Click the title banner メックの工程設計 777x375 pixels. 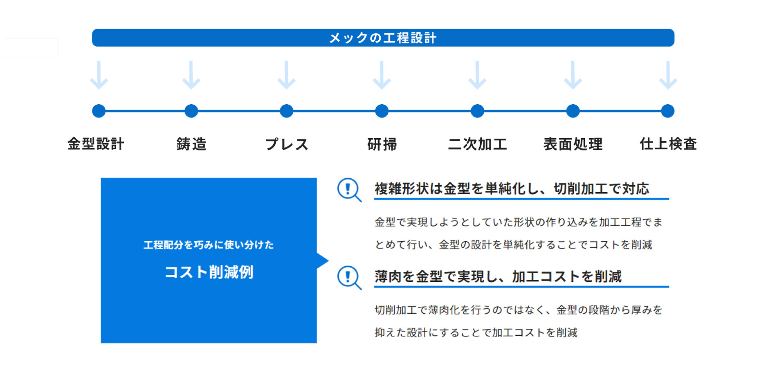tap(383, 38)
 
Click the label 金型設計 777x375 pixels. tap(96, 144)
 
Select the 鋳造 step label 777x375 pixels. tap(191, 144)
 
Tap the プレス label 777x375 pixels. tap(287, 144)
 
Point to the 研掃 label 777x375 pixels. tap(382, 144)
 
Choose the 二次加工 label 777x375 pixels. tap(477, 144)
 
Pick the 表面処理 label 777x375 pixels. tap(573, 144)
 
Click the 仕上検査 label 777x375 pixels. tap(668, 144)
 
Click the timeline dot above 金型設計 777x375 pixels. tap(99, 111)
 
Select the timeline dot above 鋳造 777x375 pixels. tap(191, 111)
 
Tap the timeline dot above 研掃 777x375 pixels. tap(382, 111)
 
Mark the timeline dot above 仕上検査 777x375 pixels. tap(667, 111)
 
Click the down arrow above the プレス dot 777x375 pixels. tap(286, 75)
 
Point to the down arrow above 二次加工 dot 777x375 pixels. tap(477, 75)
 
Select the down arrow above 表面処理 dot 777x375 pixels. tap(573, 75)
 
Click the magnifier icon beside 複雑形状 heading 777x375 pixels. tap(348, 189)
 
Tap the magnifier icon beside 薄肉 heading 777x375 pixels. tap(348, 277)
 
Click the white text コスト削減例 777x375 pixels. tap(209, 272)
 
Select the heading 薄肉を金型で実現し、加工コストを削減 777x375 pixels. tap(498, 276)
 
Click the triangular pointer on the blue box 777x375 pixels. tap(322, 260)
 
